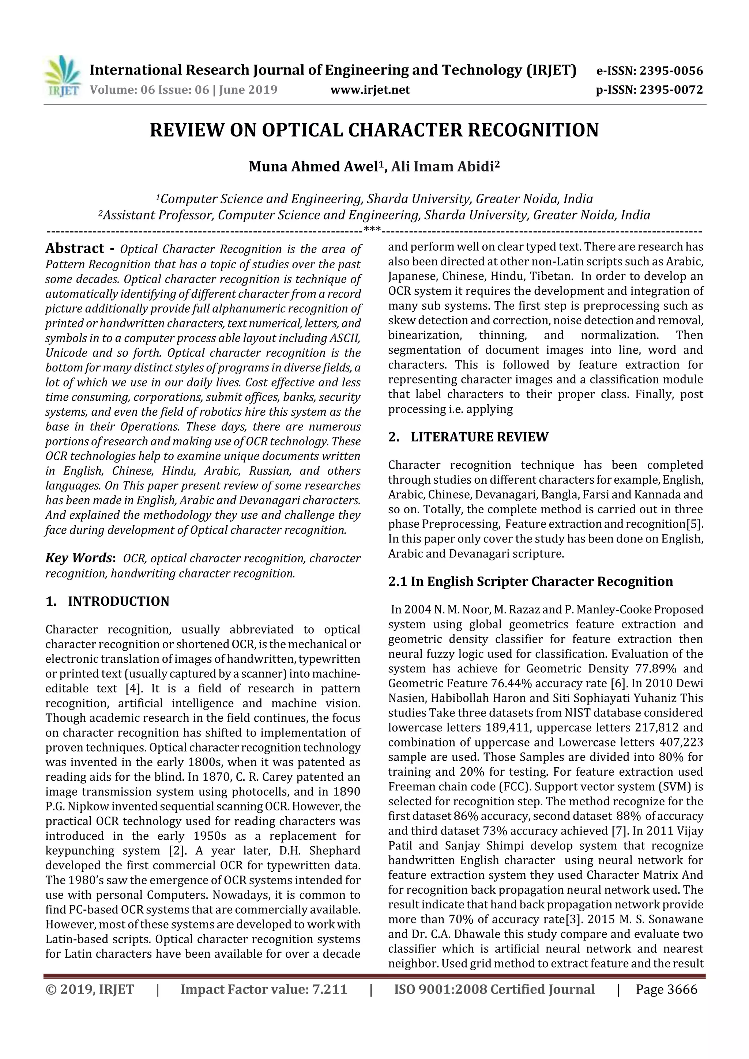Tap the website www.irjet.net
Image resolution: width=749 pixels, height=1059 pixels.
(x=370, y=90)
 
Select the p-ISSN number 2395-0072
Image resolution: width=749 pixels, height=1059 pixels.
(x=671, y=90)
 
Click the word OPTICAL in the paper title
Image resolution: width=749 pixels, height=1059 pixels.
(x=302, y=131)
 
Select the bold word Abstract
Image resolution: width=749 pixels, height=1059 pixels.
(x=75, y=249)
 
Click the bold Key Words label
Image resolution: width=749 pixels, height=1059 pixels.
(x=79, y=558)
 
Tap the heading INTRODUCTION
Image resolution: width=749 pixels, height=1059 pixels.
(x=118, y=601)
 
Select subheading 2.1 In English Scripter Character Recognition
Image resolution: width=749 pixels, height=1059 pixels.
(x=530, y=582)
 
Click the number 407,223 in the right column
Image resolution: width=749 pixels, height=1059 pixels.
(x=682, y=742)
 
